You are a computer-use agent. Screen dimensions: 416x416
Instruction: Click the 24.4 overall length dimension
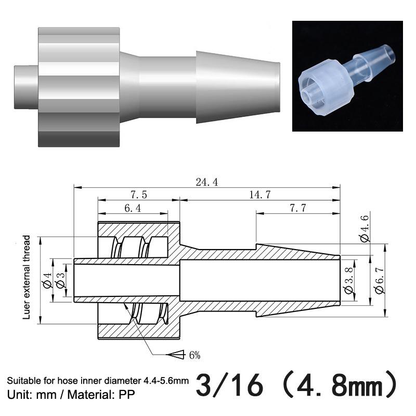pos(206,183)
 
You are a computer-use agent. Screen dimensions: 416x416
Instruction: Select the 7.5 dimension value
pos(139,195)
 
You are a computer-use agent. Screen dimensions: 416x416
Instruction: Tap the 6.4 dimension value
pos(133,209)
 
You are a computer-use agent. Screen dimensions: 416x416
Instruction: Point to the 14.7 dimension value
pos(259,195)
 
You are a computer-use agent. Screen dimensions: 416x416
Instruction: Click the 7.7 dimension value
pos(297,209)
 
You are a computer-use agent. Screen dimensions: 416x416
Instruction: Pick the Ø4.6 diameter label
pos(365,228)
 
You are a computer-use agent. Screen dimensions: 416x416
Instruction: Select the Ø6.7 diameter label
pos(380,280)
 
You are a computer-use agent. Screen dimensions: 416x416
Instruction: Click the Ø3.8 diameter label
pos(349,280)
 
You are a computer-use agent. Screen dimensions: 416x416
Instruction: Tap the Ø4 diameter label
pos(47,280)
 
